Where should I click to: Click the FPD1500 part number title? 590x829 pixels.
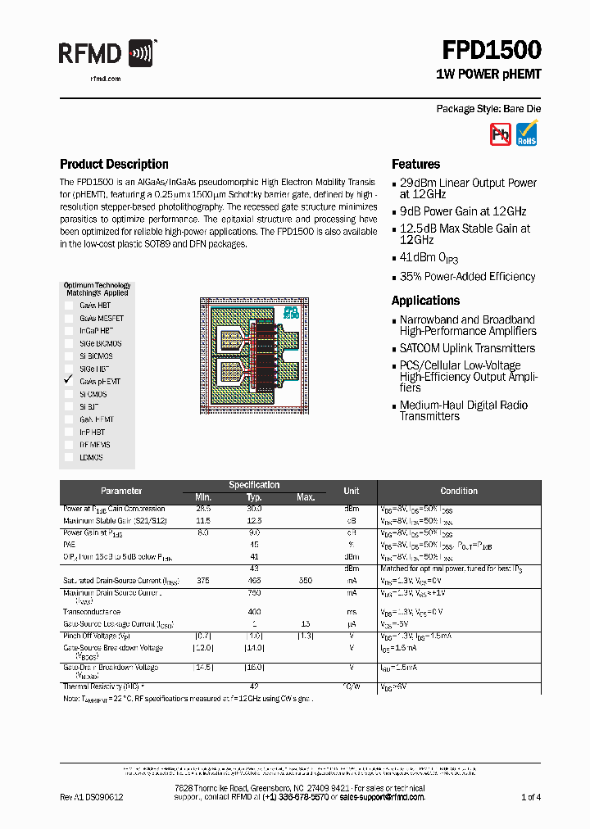(x=492, y=51)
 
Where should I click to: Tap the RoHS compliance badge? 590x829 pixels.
(x=527, y=134)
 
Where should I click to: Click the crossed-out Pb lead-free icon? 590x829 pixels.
(x=500, y=134)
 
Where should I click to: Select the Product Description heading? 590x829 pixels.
(x=114, y=164)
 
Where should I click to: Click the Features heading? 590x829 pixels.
(x=415, y=164)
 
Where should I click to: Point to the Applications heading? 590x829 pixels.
(x=425, y=301)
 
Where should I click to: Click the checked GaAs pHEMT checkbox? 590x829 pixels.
(x=69, y=381)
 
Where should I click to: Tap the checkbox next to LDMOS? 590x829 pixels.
(x=69, y=457)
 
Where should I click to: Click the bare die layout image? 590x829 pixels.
(x=253, y=353)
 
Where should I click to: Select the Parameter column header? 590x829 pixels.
(x=121, y=491)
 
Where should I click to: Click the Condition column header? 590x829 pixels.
(x=458, y=491)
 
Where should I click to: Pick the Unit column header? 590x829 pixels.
(x=351, y=491)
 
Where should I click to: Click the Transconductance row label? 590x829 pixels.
(x=92, y=612)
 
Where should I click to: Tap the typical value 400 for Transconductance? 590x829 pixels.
(x=254, y=612)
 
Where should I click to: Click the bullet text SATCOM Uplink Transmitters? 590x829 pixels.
(x=467, y=348)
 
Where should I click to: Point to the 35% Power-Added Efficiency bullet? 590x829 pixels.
(x=467, y=277)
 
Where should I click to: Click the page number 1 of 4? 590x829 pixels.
(x=531, y=797)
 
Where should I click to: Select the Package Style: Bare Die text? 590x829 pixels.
(x=488, y=109)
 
